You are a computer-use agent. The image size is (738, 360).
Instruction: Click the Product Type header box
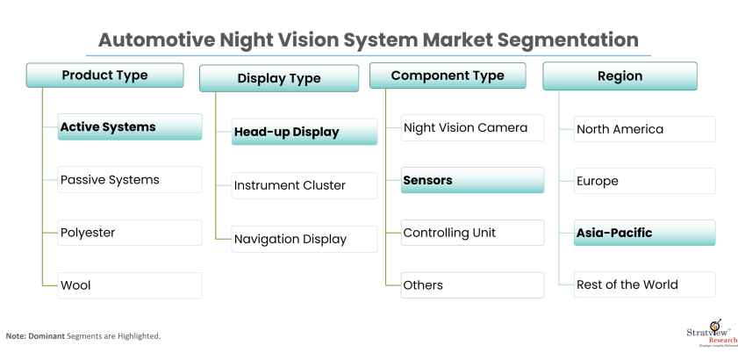click(x=104, y=76)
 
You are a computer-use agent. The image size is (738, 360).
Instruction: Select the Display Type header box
click(x=279, y=78)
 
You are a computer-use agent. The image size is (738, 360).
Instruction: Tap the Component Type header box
click(x=448, y=76)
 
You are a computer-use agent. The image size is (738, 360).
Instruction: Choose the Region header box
click(x=620, y=76)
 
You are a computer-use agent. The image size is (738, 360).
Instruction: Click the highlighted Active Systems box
click(x=129, y=127)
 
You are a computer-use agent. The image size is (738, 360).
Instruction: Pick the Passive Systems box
click(x=129, y=180)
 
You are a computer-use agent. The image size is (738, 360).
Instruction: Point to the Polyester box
click(x=129, y=233)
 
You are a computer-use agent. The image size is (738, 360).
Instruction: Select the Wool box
click(x=129, y=285)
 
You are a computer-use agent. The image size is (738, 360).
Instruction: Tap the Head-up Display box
click(x=304, y=133)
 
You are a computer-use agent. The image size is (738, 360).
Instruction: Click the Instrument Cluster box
click(x=304, y=185)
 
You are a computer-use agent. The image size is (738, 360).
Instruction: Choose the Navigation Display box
click(x=304, y=238)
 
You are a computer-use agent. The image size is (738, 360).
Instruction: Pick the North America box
click(x=644, y=129)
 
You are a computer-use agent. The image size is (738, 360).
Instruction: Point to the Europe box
click(x=644, y=181)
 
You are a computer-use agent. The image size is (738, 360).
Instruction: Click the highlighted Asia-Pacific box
click(x=644, y=233)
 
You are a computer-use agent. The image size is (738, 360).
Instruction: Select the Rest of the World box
click(x=644, y=284)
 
